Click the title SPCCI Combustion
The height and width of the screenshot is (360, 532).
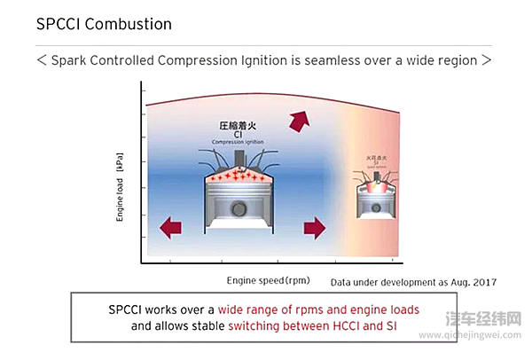coord(104,24)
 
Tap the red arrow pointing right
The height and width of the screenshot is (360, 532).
coord(315,229)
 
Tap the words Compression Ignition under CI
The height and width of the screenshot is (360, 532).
coord(238,142)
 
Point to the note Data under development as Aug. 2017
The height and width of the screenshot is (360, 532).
coord(413,282)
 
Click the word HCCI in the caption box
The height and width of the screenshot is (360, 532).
coord(356,325)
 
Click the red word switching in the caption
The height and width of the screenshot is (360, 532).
coord(259,325)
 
